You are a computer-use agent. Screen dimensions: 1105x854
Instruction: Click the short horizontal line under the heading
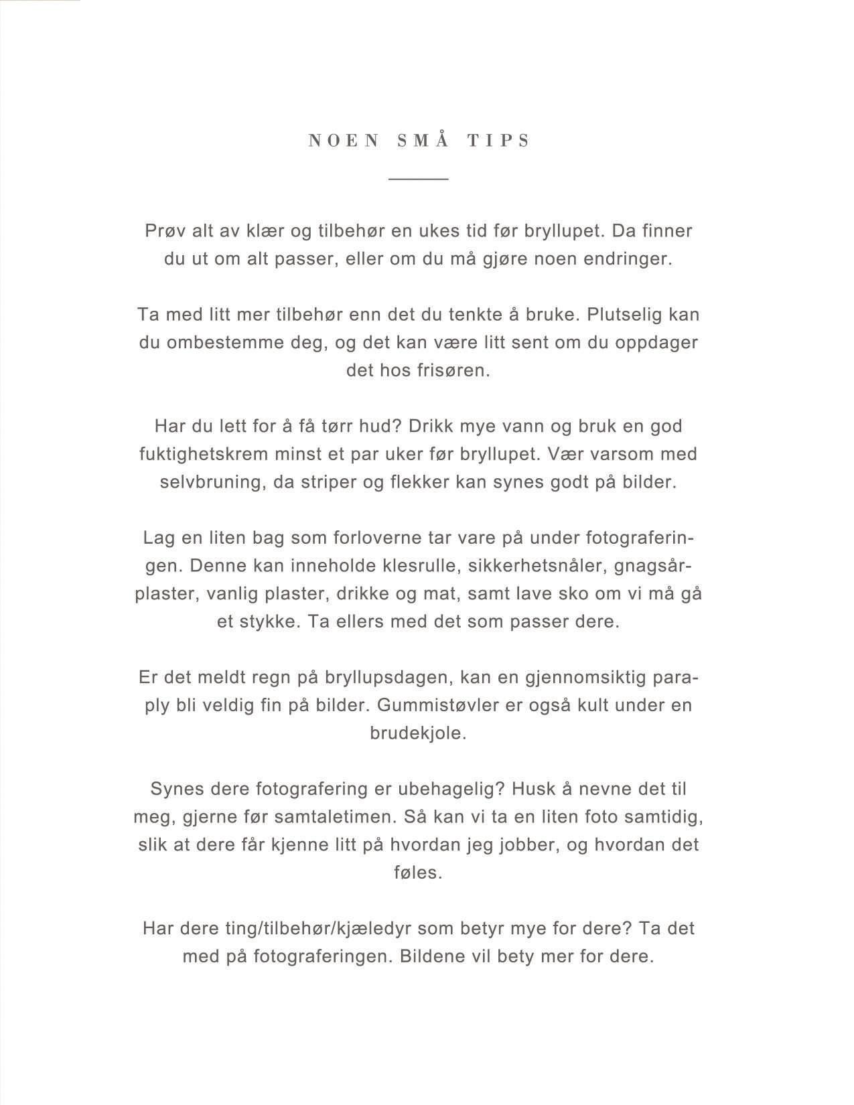tap(419, 179)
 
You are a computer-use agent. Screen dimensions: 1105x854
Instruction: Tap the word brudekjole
tap(418, 733)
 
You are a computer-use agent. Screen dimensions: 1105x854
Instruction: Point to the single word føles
tap(418, 873)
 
